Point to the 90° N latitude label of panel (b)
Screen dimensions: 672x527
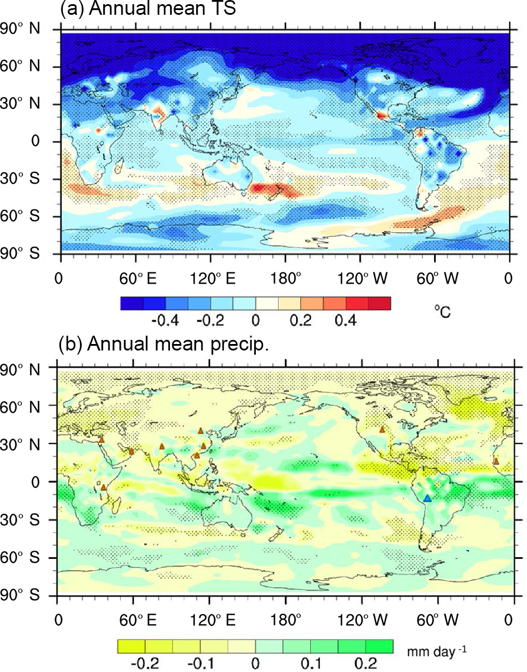pos(21,369)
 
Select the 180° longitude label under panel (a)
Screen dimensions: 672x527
pos(286,277)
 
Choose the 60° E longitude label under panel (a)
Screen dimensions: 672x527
pos(136,277)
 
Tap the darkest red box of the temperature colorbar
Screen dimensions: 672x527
pos(380,303)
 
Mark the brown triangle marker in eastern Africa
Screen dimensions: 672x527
pos(103,487)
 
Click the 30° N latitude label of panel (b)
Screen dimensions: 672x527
pos(21,443)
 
